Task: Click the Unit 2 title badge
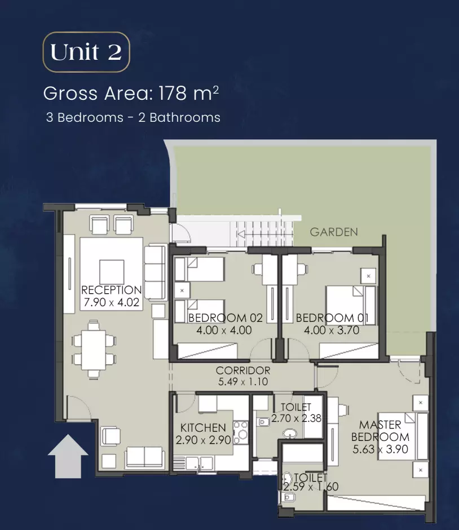click(x=86, y=52)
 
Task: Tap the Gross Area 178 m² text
click(x=131, y=93)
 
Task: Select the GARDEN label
click(x=334, y=232)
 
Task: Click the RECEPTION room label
click(x=112, y=290)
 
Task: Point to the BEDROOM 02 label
click(x=226, y=318)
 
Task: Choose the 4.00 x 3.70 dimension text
click(x=331, y=330)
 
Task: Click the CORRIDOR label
click(x=243, y=370)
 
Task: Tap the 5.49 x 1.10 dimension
click(x=243, y=382)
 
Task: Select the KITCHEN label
click(x=203, y=427)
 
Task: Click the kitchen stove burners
click(x=241, y=432)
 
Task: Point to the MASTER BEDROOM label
click(x=380, y=431)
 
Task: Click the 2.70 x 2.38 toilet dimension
click(x=296, y=418)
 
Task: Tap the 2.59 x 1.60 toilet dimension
click(x=311, y=487)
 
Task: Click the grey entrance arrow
click(x=68, y=456)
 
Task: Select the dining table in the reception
click(x=94, y=349)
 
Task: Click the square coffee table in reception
click(x=112, y=272)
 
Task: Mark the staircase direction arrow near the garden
click(x=264, y=234)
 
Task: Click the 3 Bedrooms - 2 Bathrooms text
click(x=133, y=118)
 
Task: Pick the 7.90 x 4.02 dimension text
click(x=112, y=302)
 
